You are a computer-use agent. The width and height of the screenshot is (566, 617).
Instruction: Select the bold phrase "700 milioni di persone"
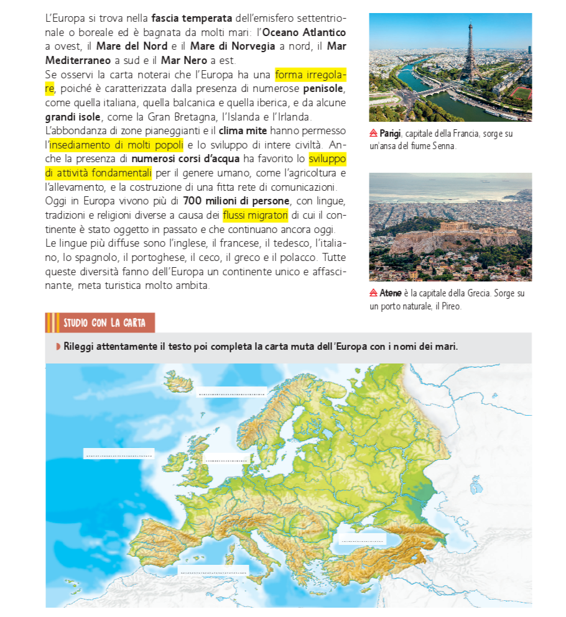point(236,201)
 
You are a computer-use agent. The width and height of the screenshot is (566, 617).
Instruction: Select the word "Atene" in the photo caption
point(391,293)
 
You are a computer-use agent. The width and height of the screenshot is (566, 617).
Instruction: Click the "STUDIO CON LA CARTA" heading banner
point(100,323)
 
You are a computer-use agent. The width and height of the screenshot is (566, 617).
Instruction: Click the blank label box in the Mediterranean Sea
point(213,570)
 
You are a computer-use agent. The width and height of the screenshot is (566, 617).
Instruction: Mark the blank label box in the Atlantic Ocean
point(119,454)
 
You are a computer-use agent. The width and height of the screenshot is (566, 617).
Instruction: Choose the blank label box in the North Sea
point(226,459)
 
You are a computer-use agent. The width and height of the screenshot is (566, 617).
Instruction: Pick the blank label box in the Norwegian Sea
point(231,392)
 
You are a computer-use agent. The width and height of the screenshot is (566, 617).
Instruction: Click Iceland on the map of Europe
point(180,380)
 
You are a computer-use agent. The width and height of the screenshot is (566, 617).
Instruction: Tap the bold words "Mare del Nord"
point(132,47)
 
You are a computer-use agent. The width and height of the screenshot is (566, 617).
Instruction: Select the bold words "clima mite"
point(243,131)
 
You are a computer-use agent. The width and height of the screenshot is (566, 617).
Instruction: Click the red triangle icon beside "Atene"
point(373,293)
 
